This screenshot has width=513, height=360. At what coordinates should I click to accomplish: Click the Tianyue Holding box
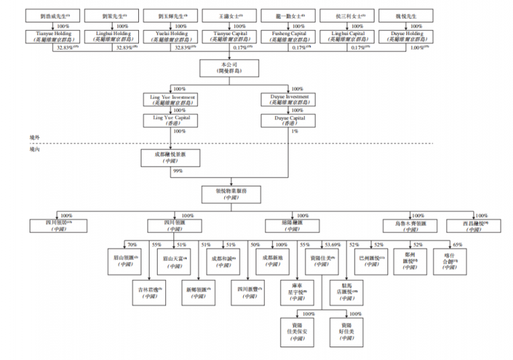53,36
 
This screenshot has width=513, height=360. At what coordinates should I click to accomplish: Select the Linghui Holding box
111,36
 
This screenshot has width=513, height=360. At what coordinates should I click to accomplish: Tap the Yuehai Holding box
171,36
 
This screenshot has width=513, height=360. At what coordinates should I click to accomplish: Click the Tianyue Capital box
230,36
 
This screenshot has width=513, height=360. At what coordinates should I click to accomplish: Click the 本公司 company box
230,69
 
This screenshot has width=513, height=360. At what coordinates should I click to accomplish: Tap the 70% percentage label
132,245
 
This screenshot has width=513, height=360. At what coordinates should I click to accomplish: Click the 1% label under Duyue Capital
295,132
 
